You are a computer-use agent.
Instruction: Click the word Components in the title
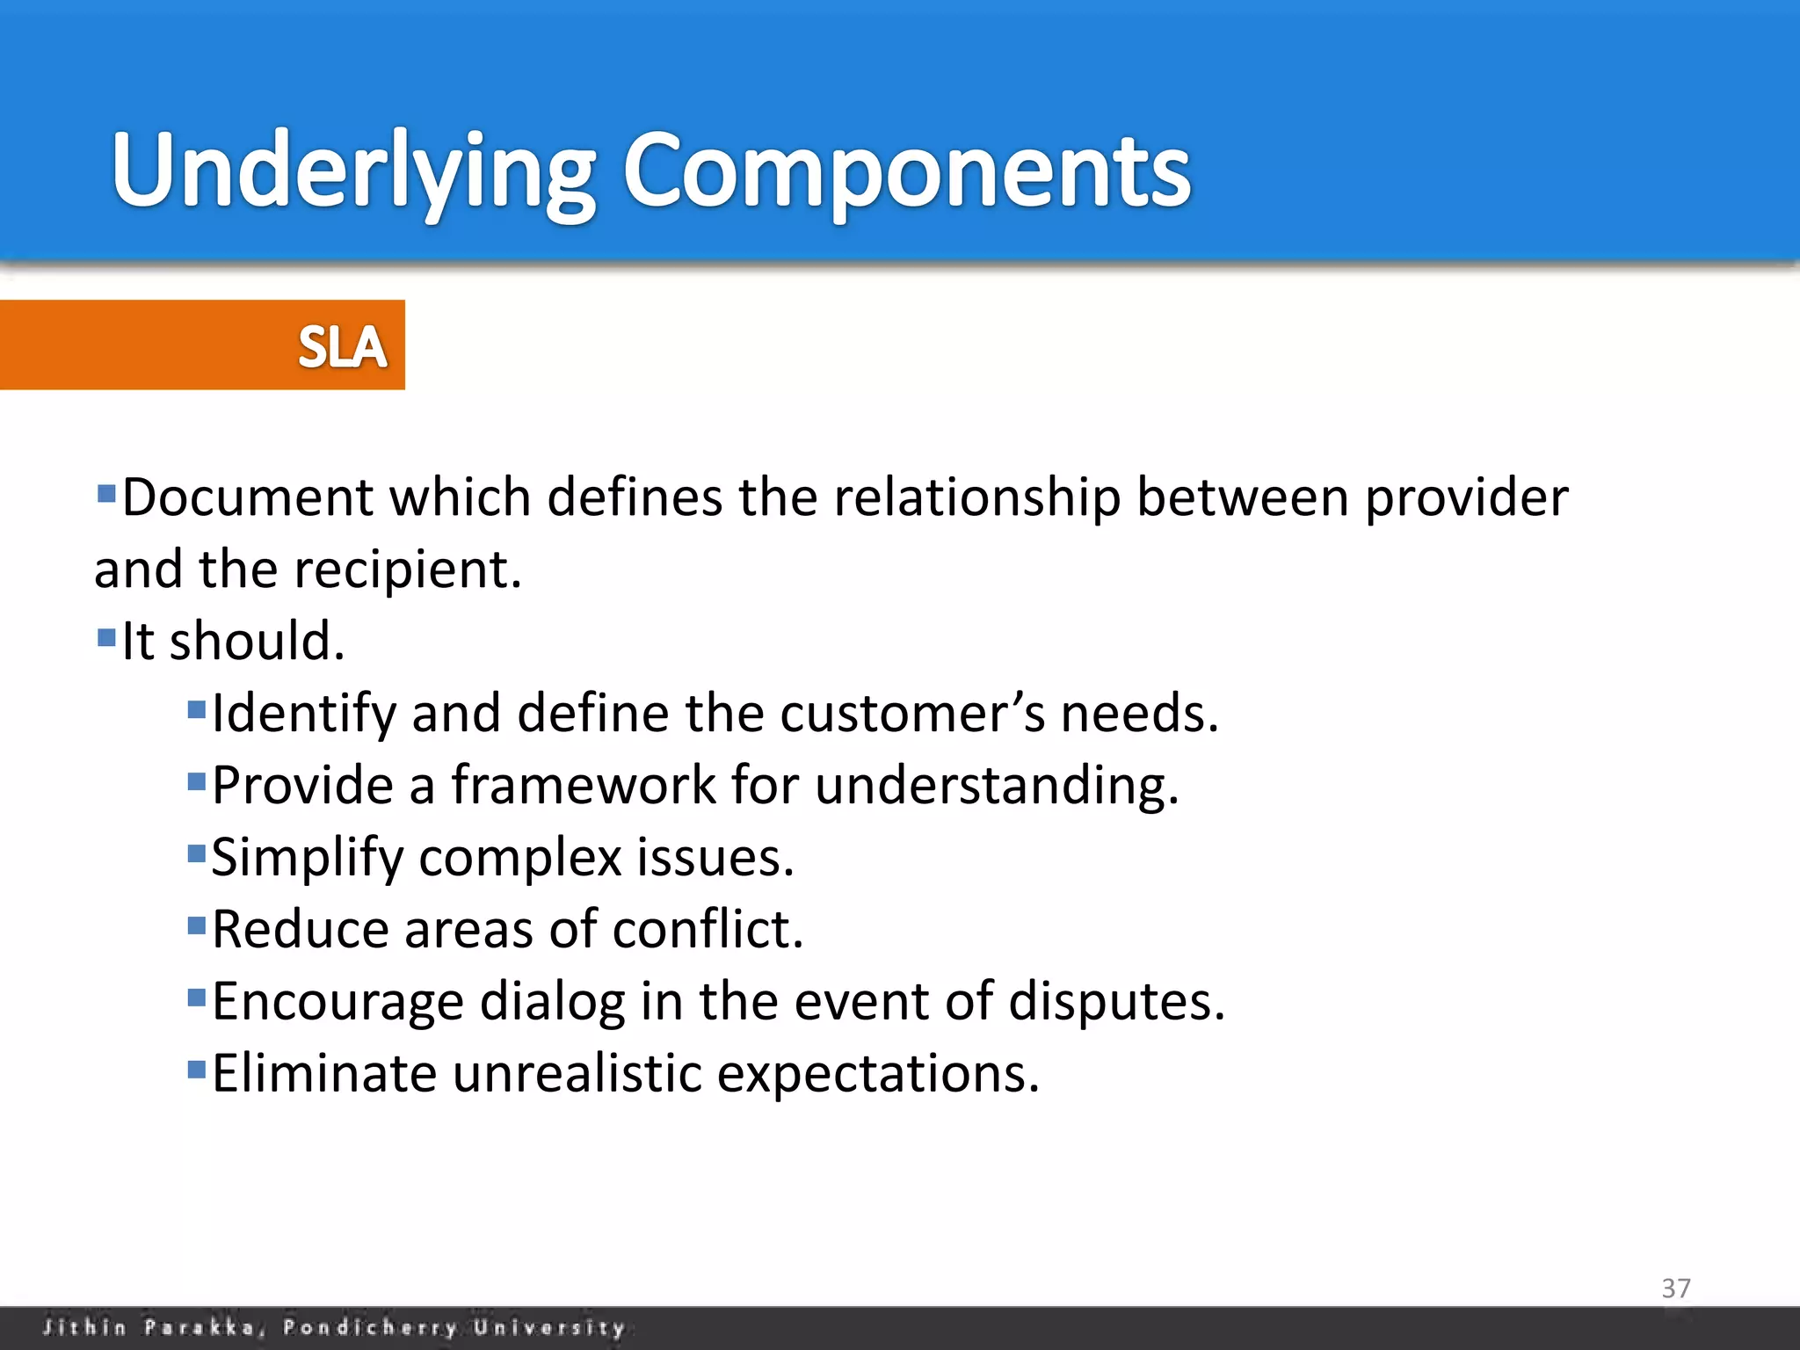tap(905, 171)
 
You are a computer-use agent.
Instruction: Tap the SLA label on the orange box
tap(342, 346)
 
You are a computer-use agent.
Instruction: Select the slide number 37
tap(1675, 1288)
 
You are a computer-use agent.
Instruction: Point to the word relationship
tap(976, 497)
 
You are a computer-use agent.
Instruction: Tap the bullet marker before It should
tap(106, 636)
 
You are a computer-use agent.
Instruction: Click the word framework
tap(584, 785)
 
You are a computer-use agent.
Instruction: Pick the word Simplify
tap(307, 857)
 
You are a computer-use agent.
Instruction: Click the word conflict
tap(707, 929)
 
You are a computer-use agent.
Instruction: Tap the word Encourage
tap(337, 1001)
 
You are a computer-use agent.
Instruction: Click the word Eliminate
tap(323, 1073)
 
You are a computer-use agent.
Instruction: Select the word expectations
tap(877, 1073)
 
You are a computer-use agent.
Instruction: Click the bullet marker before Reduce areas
tap(197, 925)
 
